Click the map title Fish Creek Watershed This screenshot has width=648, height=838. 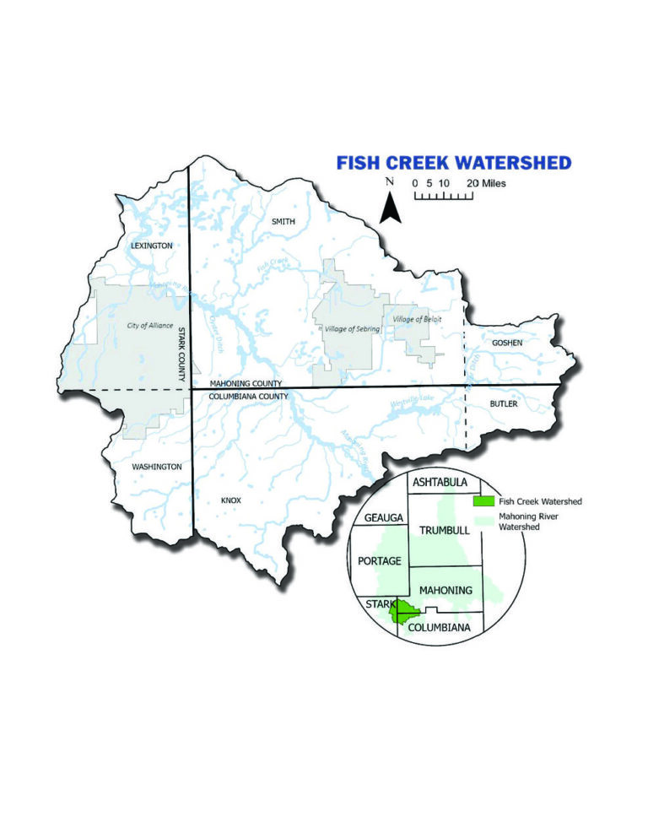(x=453, y=163)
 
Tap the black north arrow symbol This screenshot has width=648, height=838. (x=388, y=207)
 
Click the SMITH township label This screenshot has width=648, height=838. (x=283, y=221)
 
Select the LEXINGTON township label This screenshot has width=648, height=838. (x=152, y=246)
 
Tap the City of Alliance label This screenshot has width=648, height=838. (x=151, y=326)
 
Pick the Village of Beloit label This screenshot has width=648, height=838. (x=417, y=320)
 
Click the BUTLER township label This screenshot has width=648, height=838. (x=505, y=404)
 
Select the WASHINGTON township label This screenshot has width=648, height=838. (x=156, y=466)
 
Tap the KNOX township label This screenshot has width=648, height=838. (x=231, y=500)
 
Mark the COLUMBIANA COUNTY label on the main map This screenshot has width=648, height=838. (x=249, y=396)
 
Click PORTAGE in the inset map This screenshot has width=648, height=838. (x=380, y=561)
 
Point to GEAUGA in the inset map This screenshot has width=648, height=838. (x=382, y=516)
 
